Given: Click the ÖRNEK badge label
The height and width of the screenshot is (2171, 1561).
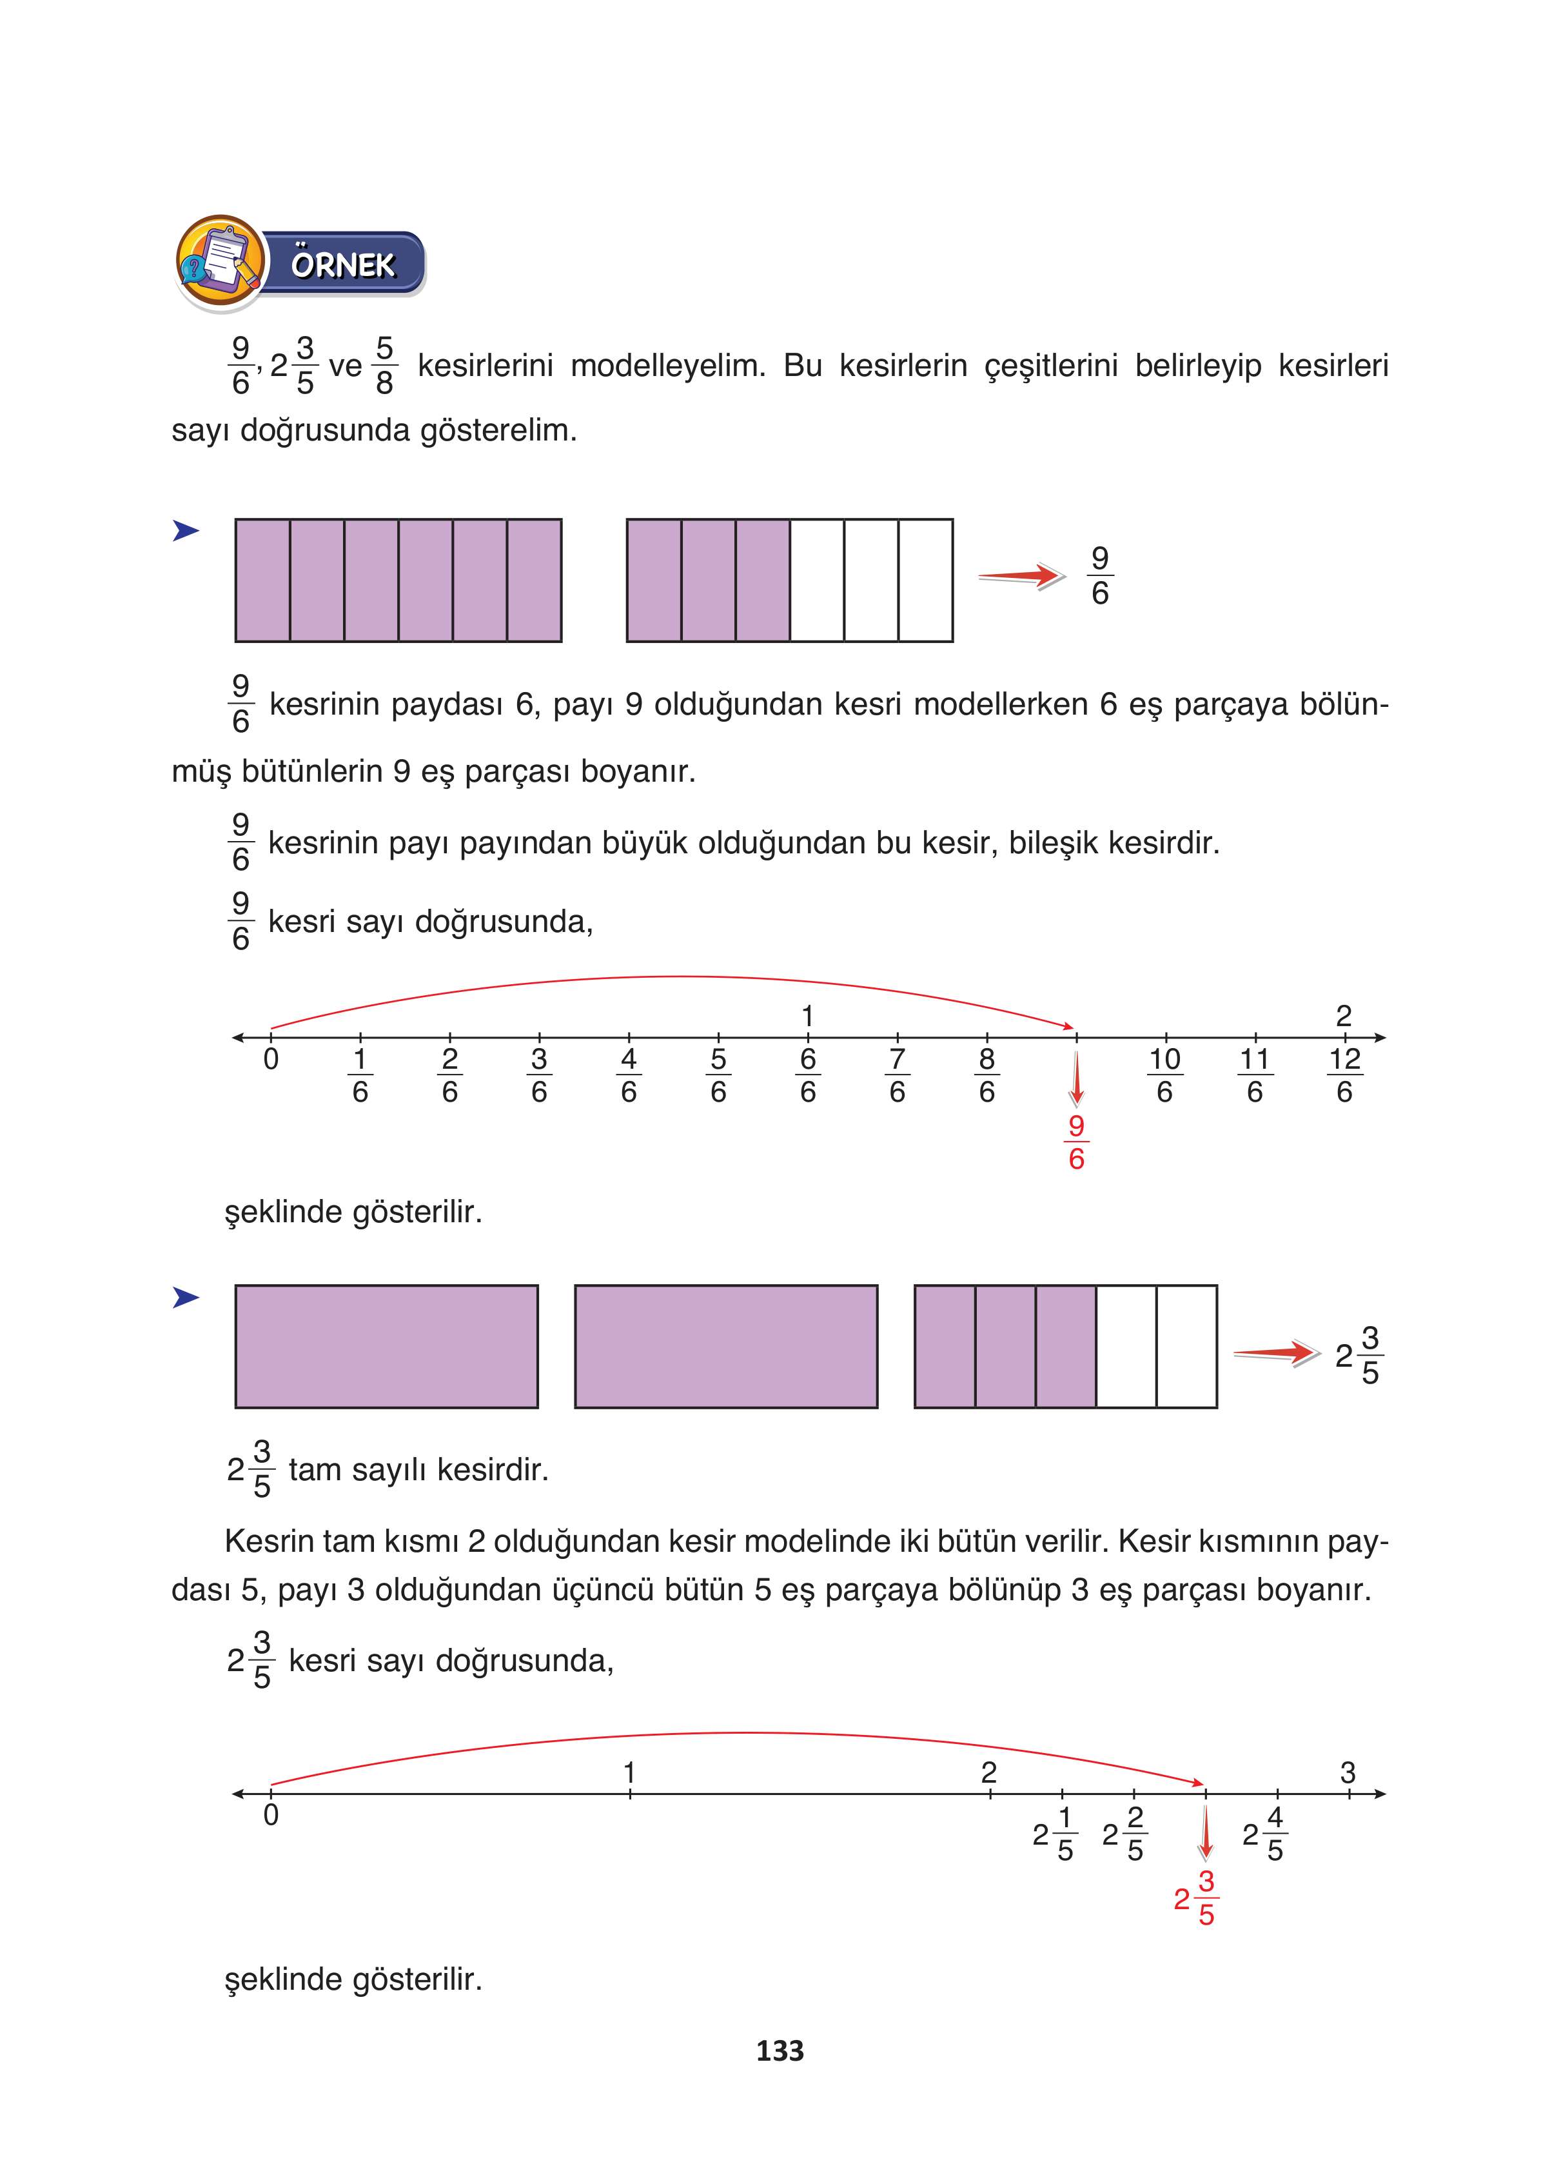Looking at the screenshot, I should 342,264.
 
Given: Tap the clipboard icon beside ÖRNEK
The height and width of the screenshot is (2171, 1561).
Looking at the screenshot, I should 220,261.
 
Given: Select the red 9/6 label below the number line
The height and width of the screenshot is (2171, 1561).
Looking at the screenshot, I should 1075,1143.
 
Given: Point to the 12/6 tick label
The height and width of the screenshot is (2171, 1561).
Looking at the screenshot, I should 1344,1075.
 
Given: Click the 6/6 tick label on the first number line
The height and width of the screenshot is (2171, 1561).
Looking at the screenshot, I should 808,1075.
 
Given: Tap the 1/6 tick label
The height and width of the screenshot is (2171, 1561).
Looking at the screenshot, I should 360,1075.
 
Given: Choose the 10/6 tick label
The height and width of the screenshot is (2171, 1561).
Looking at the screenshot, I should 1164,1075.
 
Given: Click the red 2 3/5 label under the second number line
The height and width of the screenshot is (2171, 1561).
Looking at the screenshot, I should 1196,1898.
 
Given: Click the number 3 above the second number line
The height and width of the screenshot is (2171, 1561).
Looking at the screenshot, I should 1348,1773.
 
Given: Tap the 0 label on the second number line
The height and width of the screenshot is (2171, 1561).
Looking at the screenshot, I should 271,1815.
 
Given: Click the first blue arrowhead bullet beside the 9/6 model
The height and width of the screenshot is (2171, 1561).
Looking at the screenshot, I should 186,530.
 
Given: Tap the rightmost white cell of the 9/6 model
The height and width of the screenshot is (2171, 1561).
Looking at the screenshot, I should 925,580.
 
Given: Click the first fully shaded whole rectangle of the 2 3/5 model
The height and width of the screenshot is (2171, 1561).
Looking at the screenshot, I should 387,1346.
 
